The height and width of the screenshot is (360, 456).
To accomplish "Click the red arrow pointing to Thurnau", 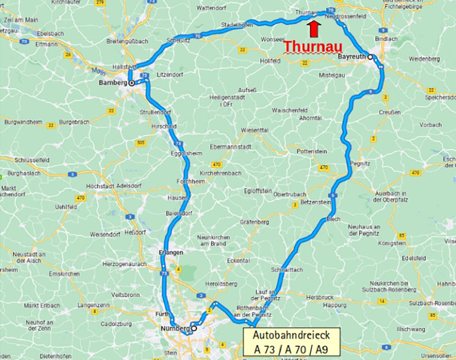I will pos(313,29).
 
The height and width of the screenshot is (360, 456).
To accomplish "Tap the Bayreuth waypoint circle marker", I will pos(370,57).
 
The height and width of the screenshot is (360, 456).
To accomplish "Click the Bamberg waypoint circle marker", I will pos(132,83).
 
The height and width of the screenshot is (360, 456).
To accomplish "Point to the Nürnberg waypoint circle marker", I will pos(193,329).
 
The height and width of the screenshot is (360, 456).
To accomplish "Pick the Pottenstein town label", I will pos(312,151).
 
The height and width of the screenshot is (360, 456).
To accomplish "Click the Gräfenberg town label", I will pos(255,222).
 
